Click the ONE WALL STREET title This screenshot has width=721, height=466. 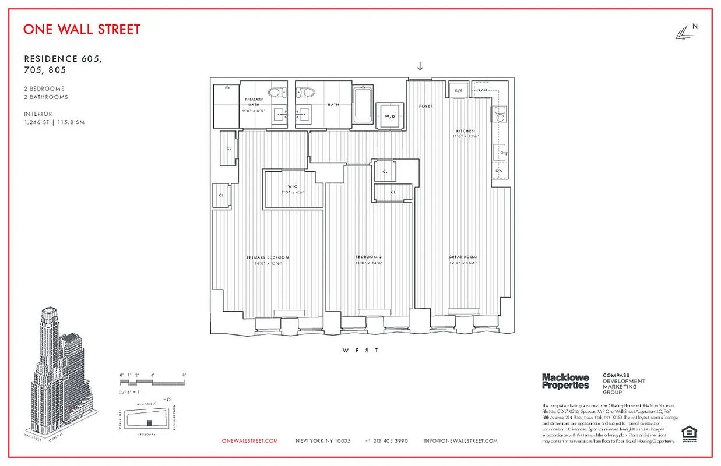[x=82, y=29]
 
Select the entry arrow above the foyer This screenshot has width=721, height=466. [x=420, y=66]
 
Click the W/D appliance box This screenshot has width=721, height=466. [x=389, y=116]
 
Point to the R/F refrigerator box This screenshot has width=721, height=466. [x=458, y=90]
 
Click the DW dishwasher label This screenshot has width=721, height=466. [x=499, y=170]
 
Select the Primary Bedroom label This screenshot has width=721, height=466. [x=268, y=257]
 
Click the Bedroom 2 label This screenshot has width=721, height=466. [x=368, y=257]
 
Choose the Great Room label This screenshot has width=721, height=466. [x=463, y=257]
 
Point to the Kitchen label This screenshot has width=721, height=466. [x=466, y=131]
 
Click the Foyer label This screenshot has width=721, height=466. [x=426, y=107]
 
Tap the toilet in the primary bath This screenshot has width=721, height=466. [x=278, y=92]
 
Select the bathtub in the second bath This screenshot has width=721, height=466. [x=363, y=104]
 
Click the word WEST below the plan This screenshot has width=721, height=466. [x=360, y=351]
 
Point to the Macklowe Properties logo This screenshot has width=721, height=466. [x=565, y=382]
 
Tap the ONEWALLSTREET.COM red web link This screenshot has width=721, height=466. [x=250, y=441]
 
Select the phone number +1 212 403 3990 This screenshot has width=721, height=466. [x=386, y=441]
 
